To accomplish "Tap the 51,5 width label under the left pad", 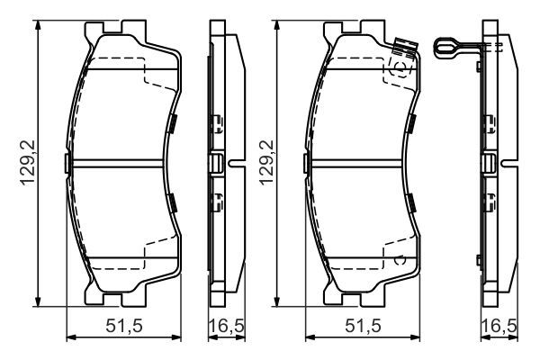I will pyautogui.click(x=124, y=325).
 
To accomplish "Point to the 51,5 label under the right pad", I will pyautogui.click(x=361, y=325).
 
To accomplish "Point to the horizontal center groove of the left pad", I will pyautogui.click(x=121, y=163).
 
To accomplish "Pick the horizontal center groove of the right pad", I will pyautogui.click(x=360, y=163).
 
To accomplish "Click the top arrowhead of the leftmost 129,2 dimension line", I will pyautogui.click(x=38, y=25).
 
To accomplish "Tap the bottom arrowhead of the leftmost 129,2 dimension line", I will pyautogui.click(x=38, y=302).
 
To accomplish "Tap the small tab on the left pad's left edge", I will pyautogui.click(x=67, y=163).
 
